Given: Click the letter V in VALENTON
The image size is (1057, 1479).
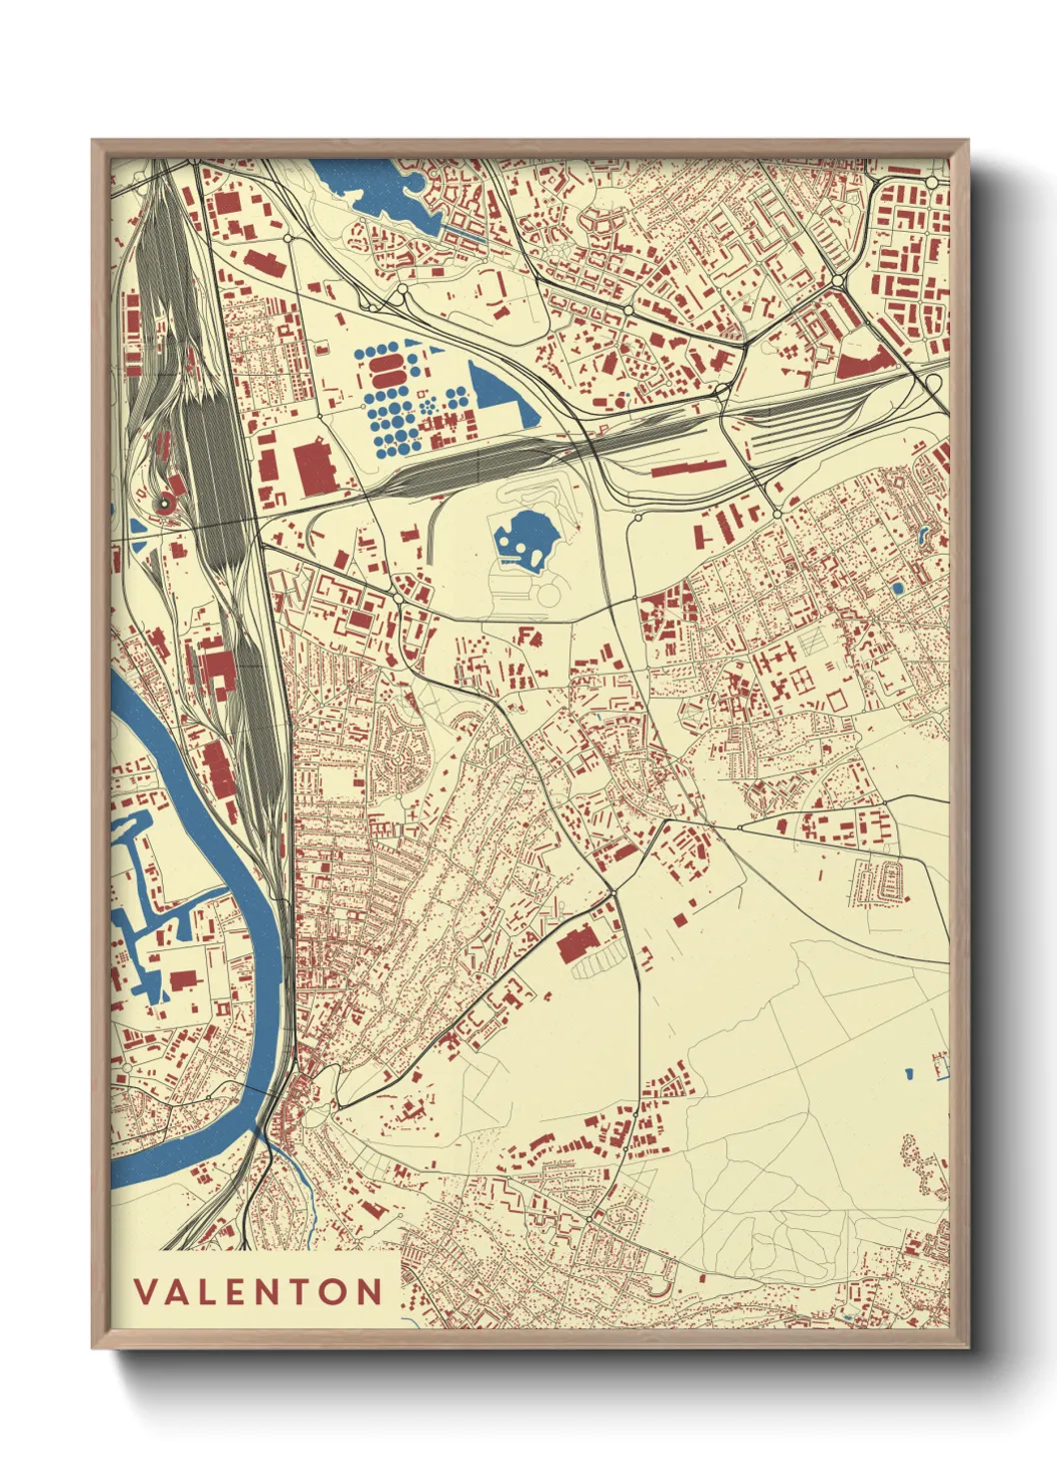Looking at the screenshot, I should click(x=144, y=1292).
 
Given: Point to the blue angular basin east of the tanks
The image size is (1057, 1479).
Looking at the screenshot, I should click(x=500, y=397).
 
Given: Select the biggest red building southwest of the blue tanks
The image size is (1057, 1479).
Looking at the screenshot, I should click(x=314, y=466).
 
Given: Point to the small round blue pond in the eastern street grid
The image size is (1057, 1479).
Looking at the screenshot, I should click(x=898, y=588).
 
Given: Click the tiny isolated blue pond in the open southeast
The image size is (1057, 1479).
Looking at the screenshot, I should click(x=909, y=1074).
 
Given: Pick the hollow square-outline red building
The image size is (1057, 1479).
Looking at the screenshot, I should click(x=838, y=698).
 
